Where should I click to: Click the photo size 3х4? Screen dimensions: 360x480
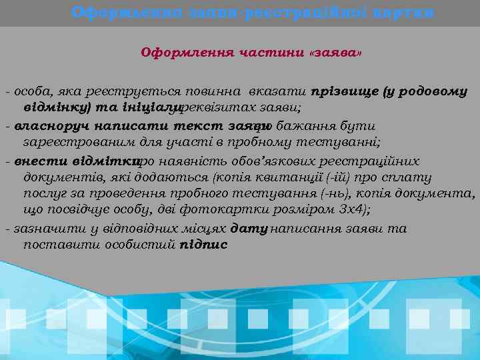(x=353, y=209)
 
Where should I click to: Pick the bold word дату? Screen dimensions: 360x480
(x=249, y=229)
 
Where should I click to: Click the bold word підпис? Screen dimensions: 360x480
(x=203, y=244)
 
